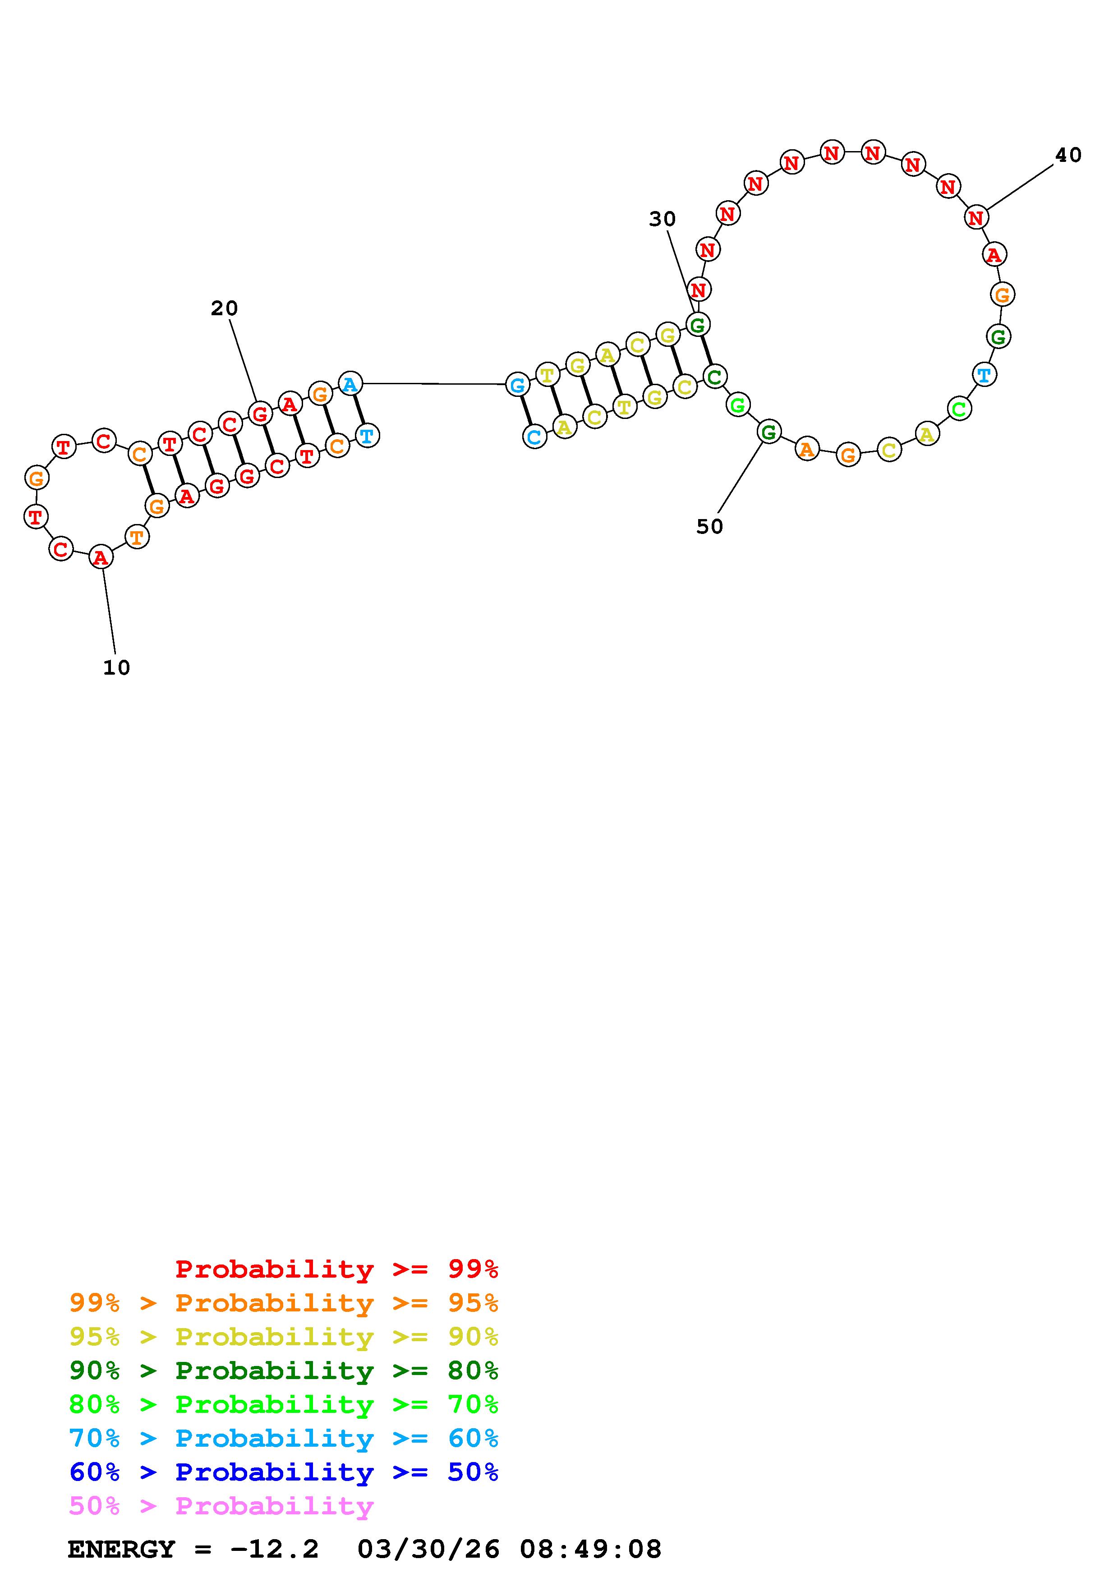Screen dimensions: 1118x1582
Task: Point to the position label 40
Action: pyautogui.click(x=1068, y=155)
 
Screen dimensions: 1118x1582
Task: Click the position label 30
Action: pyautogui.click(x=662, y=219)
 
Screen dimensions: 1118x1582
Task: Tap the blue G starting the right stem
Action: pyautogui.click(x=517, y=385)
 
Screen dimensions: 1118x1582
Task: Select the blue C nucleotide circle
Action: pyautogui.click(x=534, y=437)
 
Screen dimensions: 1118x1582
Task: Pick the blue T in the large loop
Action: pyautogui.click(x=985, y=375)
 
